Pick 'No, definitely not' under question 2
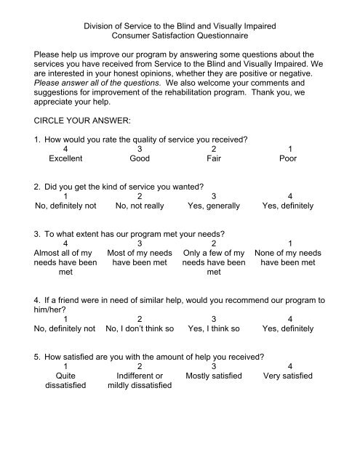tap(65, 206)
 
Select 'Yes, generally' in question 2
tap(213, 206)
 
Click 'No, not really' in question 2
tap(139, 206)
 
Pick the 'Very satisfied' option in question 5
tap(288, 376)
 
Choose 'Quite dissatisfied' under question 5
tap(66, 381)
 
